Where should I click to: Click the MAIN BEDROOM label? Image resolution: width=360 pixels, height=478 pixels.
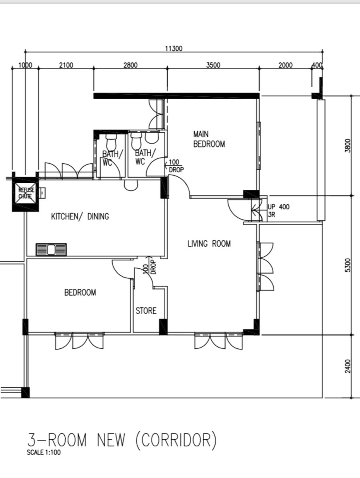209,139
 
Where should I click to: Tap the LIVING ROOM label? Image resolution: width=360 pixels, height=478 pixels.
209,244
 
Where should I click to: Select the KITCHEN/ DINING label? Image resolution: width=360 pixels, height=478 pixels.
80,216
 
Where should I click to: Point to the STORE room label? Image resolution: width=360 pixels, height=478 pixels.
146,311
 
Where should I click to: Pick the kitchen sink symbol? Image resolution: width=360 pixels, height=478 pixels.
51,250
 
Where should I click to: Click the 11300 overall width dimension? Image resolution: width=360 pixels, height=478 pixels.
174,48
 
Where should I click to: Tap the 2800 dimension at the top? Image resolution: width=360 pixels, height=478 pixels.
130,65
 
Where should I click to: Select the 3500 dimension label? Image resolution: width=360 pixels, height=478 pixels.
213,65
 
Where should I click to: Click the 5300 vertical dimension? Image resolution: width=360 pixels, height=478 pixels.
348,265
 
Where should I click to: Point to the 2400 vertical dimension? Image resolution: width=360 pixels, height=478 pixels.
348,366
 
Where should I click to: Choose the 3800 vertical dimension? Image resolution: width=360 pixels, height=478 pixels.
348,146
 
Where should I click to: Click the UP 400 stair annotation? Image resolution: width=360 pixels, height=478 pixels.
279,207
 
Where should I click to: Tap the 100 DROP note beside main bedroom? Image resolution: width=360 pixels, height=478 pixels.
176,166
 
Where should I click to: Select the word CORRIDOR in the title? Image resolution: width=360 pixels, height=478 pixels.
176,440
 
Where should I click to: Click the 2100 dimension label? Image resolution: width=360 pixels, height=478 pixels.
66,65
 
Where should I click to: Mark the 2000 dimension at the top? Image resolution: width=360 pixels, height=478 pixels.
286,65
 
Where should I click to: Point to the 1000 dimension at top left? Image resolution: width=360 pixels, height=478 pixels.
25,65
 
